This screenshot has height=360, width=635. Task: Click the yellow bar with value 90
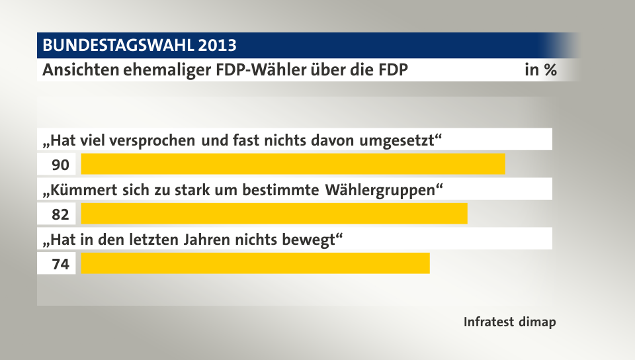click(292, 163)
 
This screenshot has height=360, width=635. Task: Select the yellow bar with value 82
click(274, 214)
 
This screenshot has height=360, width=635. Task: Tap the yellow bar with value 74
click(255, 263)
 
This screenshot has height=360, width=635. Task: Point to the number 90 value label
click(60, 164)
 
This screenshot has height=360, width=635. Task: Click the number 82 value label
click(60, 214)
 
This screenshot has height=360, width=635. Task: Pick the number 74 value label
click(60, 264)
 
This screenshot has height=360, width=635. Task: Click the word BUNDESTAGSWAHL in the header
click(117, 46)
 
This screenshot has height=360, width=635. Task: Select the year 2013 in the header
click(216, 46)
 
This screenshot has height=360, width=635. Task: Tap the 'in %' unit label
click(540, 70)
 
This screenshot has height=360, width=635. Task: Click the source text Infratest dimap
click(509, 322)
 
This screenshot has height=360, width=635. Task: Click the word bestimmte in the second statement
click(290, 191)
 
